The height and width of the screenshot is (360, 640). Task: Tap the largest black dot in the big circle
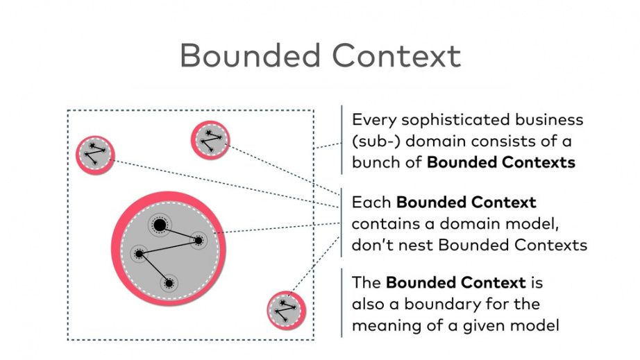tap(160, 225)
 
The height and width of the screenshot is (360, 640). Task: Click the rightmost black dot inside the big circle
tap(198, 241)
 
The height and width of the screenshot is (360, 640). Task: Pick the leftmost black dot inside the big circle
tap(139, 254)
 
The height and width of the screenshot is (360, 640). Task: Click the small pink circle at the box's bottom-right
tap(286, 309)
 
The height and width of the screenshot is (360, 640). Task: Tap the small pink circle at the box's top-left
tap(94, 155)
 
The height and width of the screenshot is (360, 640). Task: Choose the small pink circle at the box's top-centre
tap(210, 140)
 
